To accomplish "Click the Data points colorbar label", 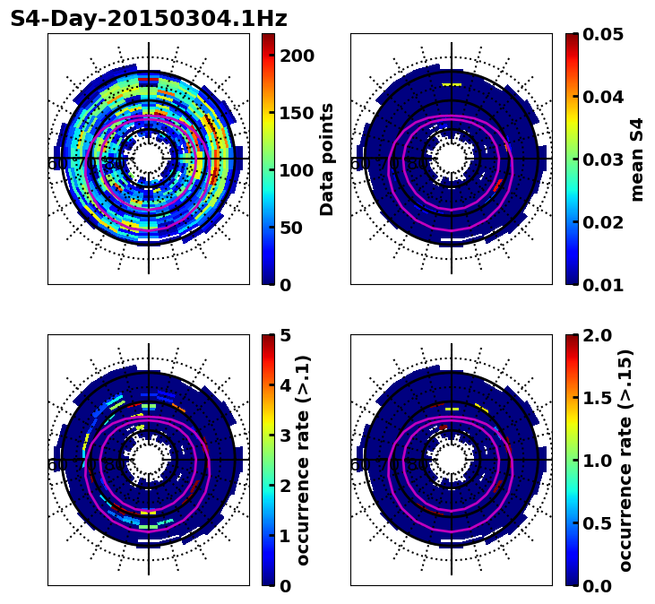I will point(327,160).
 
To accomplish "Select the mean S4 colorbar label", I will point(637,160).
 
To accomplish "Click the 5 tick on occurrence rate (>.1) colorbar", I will point(285,335).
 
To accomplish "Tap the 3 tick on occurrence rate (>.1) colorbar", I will point(285,436).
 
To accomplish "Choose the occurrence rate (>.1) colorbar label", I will point(303,461).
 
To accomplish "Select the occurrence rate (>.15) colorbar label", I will point(625,461).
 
